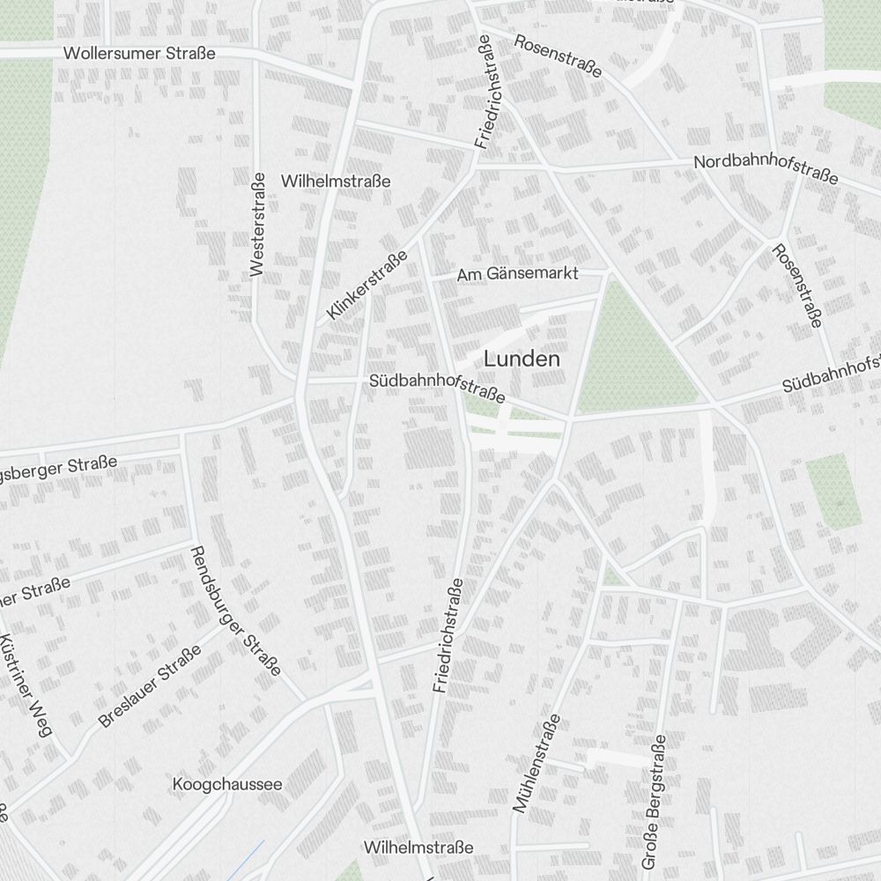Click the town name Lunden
pos(522,359)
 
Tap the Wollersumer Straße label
pos(139,54)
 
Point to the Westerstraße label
pos(257,224)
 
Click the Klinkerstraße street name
pos(366,285)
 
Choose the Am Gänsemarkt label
pos(517,274)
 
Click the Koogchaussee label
pos(227,783)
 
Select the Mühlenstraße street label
pos(536,763)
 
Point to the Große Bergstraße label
pos(655,801)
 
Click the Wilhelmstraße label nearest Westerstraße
pos(335,181)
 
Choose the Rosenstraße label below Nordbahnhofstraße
pos(796,286)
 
